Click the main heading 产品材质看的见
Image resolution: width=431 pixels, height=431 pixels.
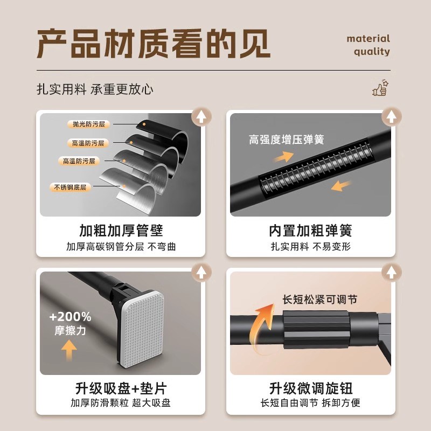[x=154, y=44]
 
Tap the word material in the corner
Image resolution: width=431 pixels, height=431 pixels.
[x=368, y=39]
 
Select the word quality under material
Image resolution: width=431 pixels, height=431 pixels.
[x=372, y=52]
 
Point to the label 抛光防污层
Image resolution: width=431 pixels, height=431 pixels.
[x=88, y=124]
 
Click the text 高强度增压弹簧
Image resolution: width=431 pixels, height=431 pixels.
[x=286, y=140]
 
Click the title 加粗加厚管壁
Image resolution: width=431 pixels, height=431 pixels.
[x=121, y=231]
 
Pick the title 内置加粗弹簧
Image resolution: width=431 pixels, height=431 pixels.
[x=310, y=231]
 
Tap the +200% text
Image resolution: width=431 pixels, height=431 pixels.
[x=70, y=317]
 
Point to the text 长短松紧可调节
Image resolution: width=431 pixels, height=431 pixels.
[x=319, y=300]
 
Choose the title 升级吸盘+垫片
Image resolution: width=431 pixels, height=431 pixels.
[x=121, y=388]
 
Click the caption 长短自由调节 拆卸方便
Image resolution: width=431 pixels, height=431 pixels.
[x=310, y=403]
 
